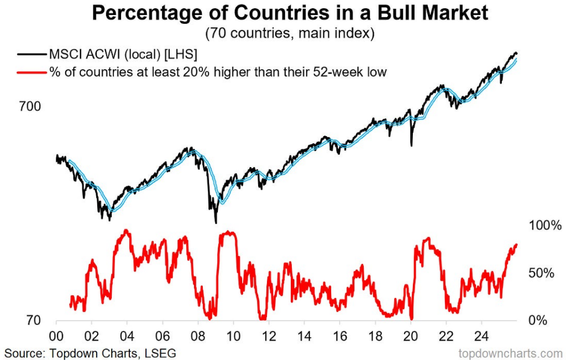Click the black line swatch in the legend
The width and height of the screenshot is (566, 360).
pyautogui.click(x=31, y=55)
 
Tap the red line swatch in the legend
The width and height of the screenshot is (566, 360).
pyautogui.click(x=31, y=72)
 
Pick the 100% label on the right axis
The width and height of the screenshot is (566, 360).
pyautogui.click(x=545, y=226)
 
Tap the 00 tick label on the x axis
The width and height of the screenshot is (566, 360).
pyautogui.click(x=56, y=335)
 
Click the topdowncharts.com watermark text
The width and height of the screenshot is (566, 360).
pyautogui.click(x=510, y=352)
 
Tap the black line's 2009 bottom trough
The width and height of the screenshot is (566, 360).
pyautogui.click(x=215, y=222)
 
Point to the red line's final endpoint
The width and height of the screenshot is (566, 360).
pyautogui.click(x=517, y=244)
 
